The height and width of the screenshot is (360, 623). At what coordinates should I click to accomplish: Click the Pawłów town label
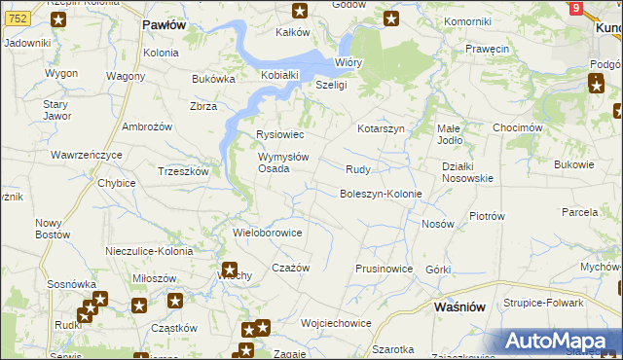[x=163, y=24]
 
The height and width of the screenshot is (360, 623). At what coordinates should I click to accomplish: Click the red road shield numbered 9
[x=576, y=9]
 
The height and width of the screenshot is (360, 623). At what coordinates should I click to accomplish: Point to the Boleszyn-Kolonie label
[x=380, y=194]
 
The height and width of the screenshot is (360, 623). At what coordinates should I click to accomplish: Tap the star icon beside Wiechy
[x=230, y=270]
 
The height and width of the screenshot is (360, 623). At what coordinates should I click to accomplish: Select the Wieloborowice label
[x=268, y=234]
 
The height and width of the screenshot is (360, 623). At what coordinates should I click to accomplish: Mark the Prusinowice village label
[x=384, y=269]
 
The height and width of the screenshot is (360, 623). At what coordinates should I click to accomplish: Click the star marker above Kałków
[x=300, y=12]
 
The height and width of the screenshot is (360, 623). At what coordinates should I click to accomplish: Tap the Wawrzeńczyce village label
[x=87, y=155]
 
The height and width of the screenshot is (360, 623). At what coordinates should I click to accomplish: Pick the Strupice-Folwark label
[x=543, y=303]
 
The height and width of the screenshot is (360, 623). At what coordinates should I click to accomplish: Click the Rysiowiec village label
[x=279, y=134]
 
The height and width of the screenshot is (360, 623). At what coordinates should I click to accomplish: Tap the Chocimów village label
[x=518, y=127]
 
